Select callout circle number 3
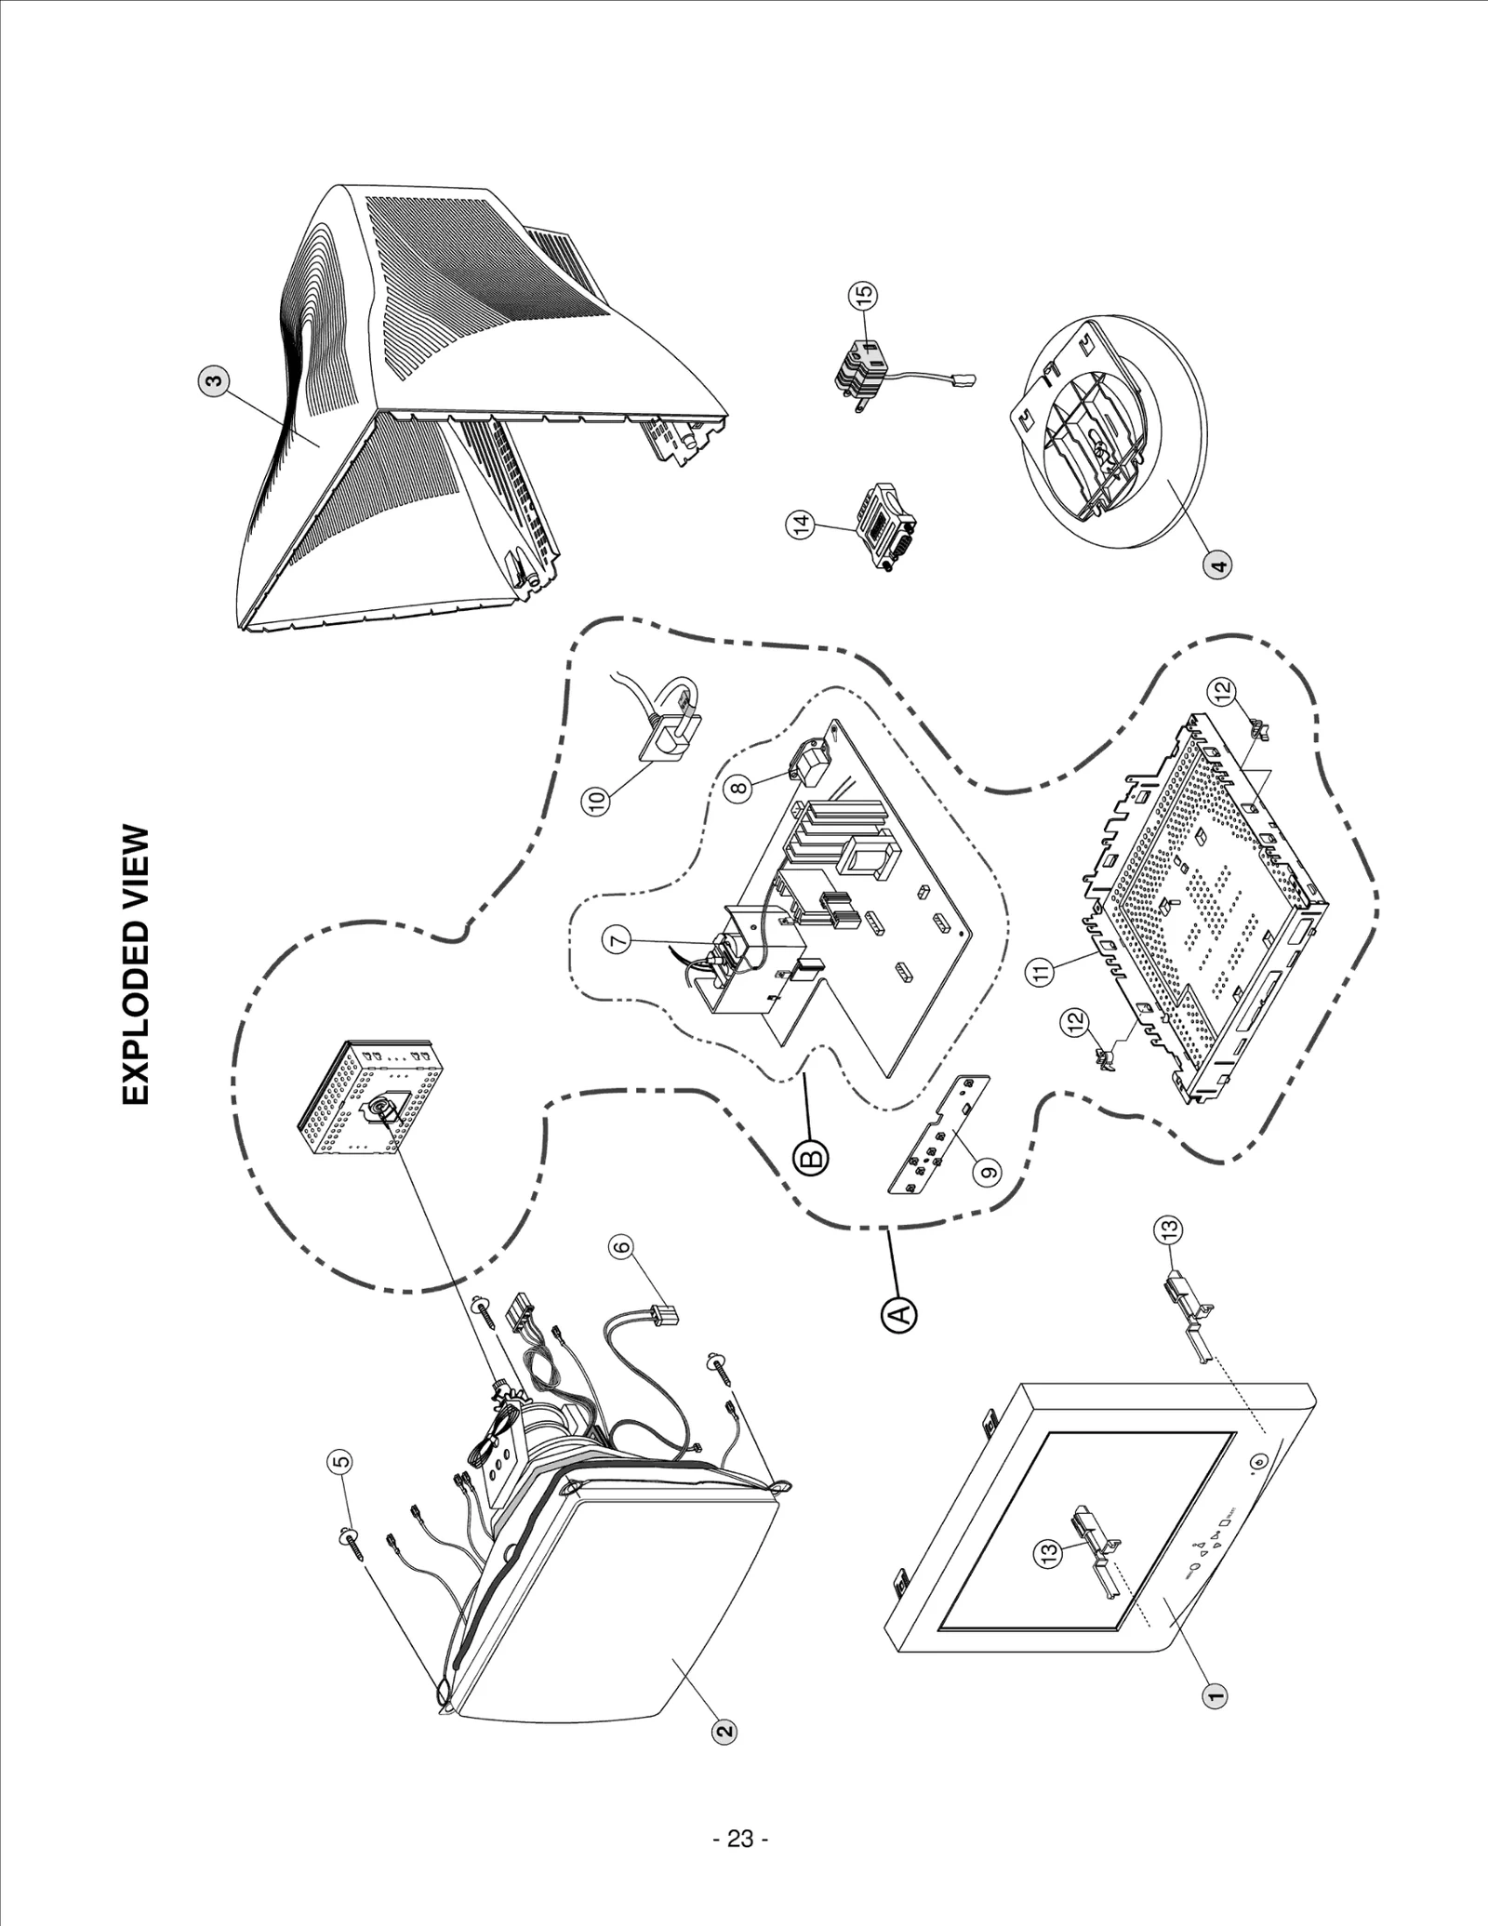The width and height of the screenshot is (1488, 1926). click(214, 381)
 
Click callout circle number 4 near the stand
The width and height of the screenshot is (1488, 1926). click(1217, 563)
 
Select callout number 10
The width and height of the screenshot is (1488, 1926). click(598, 798)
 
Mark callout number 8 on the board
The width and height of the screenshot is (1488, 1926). click(737, 788)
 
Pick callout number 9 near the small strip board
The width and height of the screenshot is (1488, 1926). click(990, 1171)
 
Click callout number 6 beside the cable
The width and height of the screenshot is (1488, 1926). click(621, 1246)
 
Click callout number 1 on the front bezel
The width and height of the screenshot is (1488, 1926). click(1213, 1694)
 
